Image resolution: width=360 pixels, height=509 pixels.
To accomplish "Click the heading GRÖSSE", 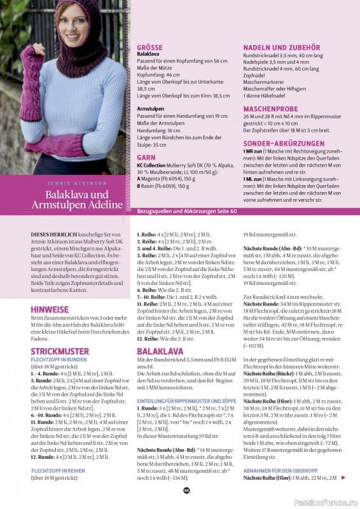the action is coord(150,46).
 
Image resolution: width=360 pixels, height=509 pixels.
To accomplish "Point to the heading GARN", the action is coord(146,156).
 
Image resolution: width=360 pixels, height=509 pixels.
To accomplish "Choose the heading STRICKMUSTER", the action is coord(60,351).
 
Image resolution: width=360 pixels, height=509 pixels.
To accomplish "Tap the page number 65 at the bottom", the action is coord(186,490).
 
